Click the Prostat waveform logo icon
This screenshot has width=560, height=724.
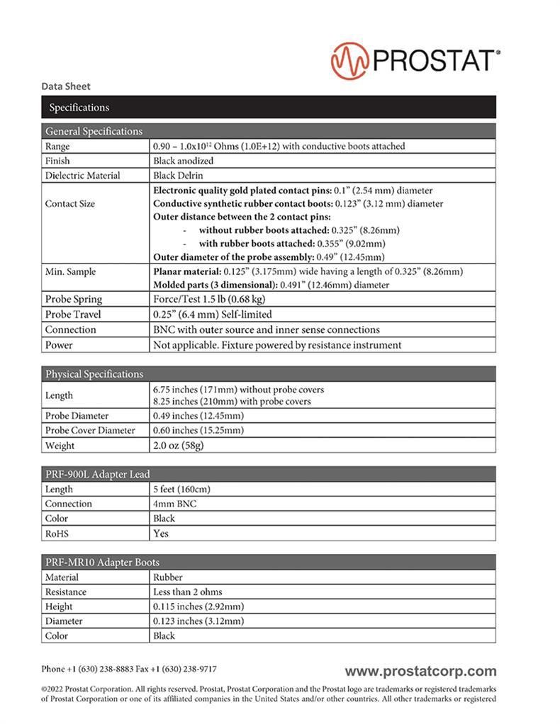349,60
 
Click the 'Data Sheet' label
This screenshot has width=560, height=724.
66,86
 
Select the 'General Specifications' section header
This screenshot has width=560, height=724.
94,131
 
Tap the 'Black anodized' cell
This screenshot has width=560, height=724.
183,161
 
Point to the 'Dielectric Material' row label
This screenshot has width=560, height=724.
83,176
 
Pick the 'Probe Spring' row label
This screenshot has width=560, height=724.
74,299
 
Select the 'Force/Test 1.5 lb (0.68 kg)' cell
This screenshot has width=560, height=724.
209,299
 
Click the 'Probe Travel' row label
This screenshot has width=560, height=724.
74,314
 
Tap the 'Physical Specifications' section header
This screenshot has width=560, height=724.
94,374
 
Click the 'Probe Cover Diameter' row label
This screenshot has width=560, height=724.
90,431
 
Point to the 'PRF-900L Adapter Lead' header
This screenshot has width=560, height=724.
98,474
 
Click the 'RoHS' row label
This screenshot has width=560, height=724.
57,533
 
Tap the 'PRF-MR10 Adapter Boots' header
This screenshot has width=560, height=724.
102,562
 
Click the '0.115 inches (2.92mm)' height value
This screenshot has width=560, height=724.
198,607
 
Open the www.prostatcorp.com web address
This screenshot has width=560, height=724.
420,671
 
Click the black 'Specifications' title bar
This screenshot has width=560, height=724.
268,108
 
